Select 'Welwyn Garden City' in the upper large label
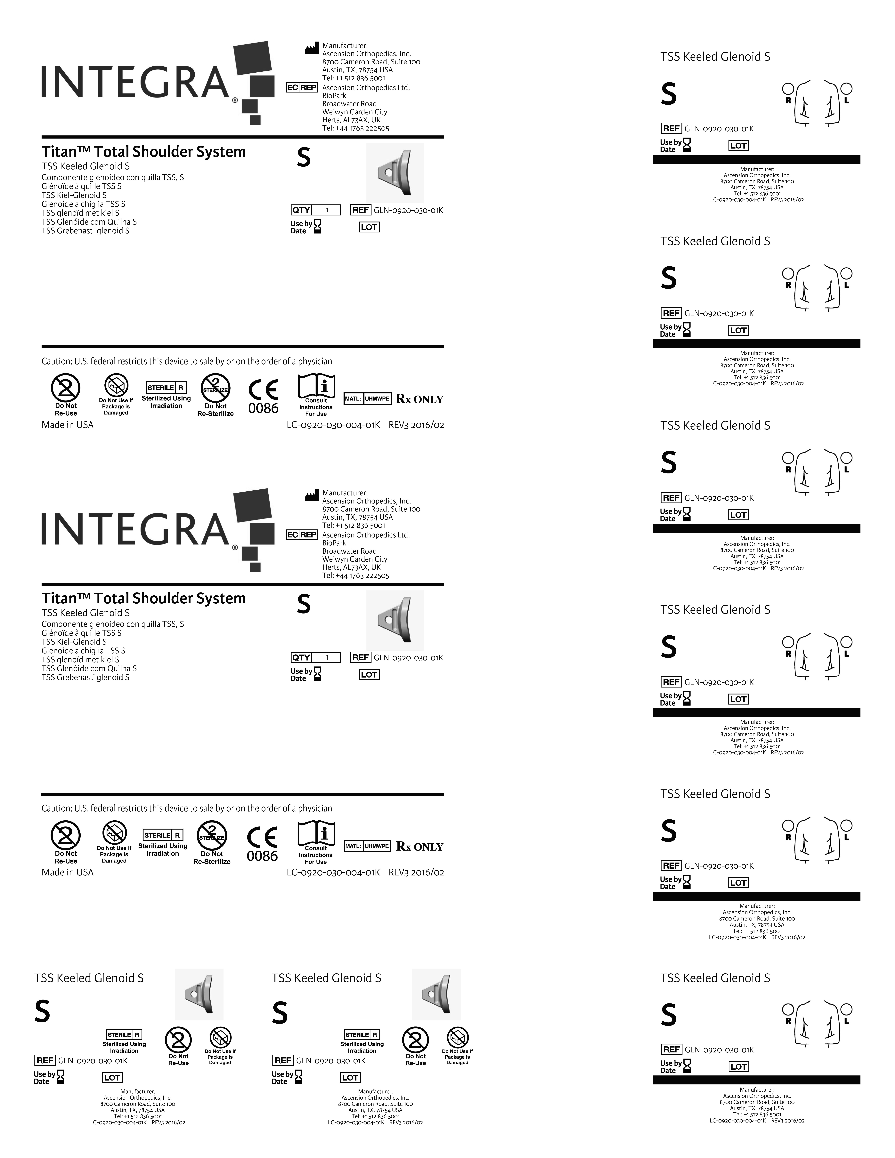click(x=355, y=112)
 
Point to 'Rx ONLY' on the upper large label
click(x=419, y=399)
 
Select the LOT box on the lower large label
click(x=369, y=674)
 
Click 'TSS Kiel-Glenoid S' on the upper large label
click(x=74, y=195)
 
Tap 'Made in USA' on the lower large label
click(x=67, y=872)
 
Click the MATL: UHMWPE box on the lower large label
click(x=367, y=846)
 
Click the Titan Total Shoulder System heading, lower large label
click(x=144, y=599)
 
